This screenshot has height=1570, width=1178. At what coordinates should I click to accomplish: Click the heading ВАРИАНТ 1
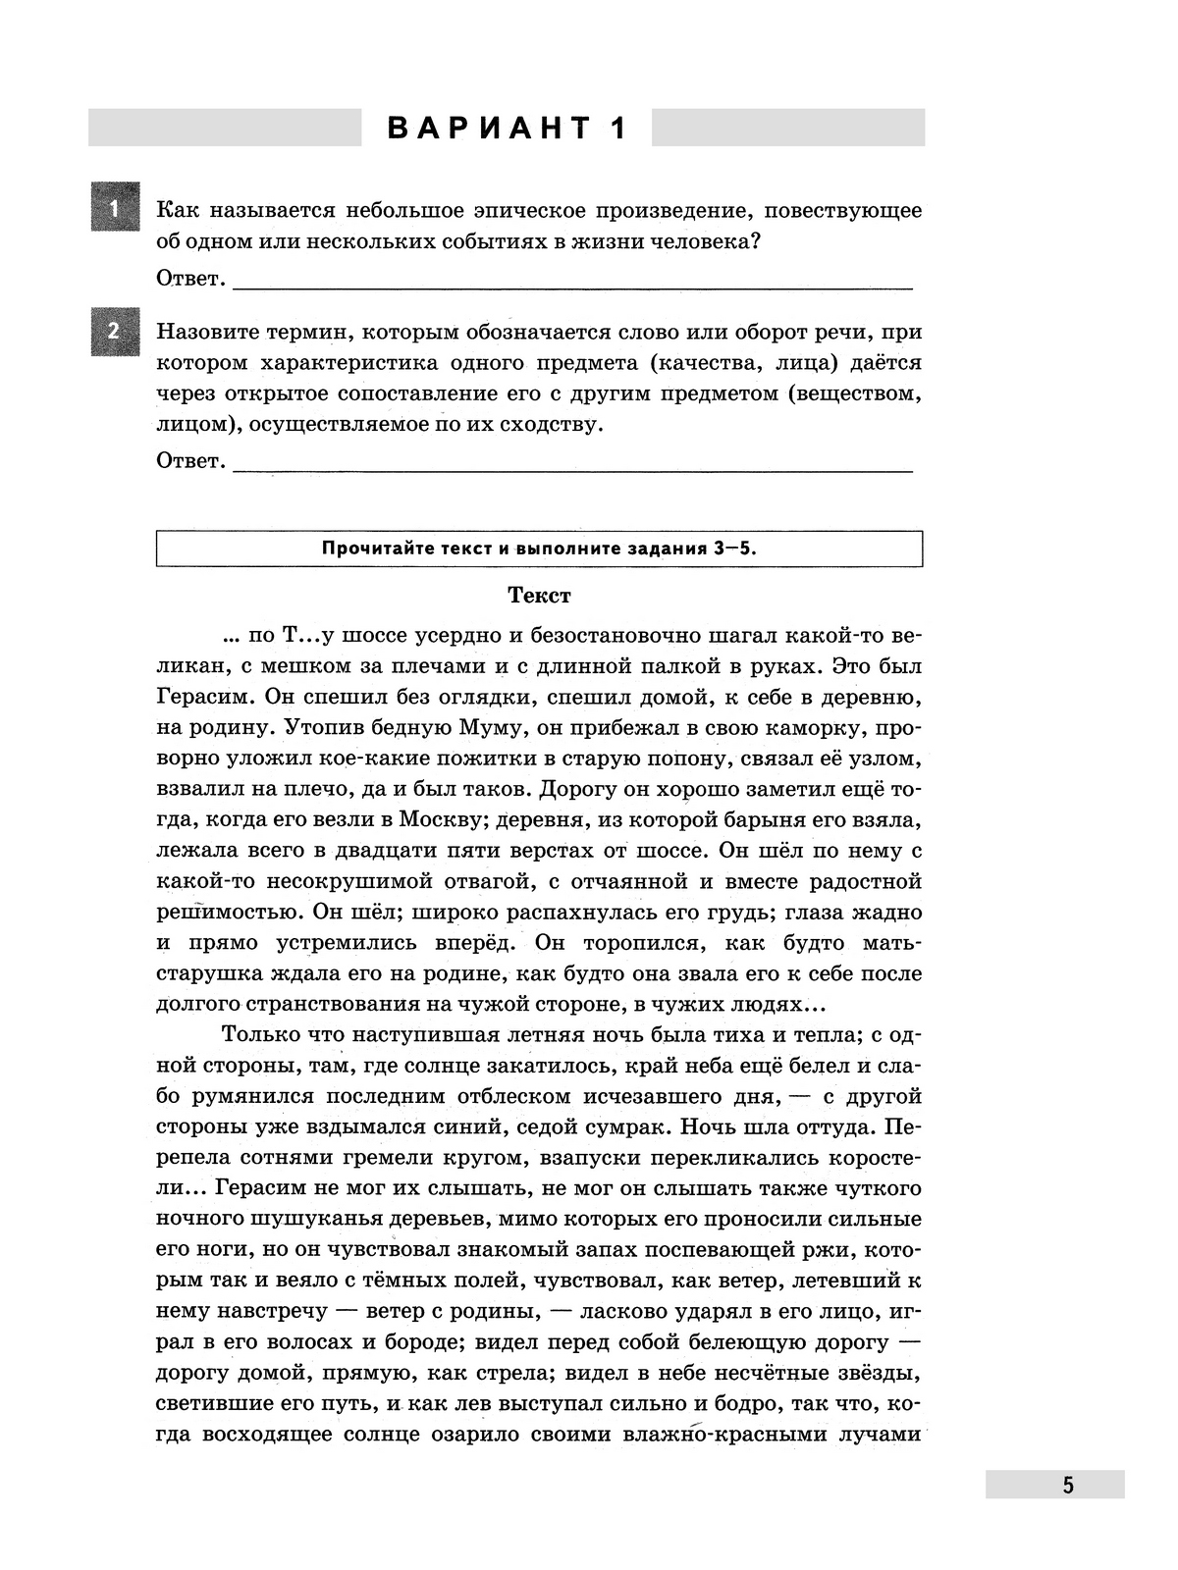[x=507, y=129]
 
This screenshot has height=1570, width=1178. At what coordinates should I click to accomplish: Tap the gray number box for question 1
[x=114, y=209]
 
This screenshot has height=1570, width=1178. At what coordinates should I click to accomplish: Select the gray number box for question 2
[x=114, y=332]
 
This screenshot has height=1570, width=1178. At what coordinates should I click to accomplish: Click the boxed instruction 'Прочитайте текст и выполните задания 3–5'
[x=539, y=549]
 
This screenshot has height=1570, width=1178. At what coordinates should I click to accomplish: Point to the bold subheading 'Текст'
[x=539, y=596]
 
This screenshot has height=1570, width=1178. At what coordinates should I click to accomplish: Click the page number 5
[x=1067, y=1485]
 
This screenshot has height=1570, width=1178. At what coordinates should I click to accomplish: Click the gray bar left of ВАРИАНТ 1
[x=224, y=128]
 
